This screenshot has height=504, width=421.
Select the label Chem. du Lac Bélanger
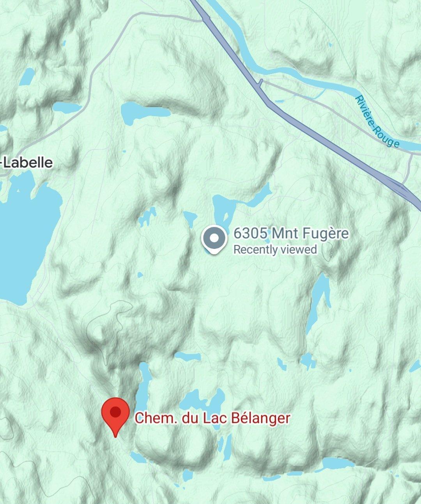point(212,418)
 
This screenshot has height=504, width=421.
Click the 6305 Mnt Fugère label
point(291,234)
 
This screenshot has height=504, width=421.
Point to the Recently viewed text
point(275,249)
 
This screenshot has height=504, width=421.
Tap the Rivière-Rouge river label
point(377,122)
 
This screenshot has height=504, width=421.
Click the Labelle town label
point(28,162)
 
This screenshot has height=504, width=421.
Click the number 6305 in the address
point(250,234)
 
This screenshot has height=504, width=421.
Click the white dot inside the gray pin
point(214,237)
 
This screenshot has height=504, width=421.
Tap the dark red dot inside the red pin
point(115,412)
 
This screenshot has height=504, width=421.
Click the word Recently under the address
point(255,249)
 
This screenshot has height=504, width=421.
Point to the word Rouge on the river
point(387,137)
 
